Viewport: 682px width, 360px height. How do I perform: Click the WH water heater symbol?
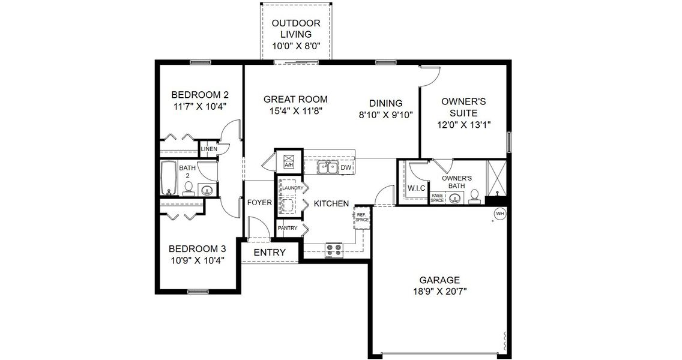(499, 213)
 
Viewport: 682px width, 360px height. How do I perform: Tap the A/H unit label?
(288, 165)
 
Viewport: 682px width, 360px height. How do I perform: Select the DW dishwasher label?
(346, 168)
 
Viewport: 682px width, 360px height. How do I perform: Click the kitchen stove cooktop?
(333, 250)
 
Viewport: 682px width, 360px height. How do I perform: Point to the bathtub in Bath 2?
(169, 178)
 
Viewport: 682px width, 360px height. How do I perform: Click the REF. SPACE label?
(361, 217)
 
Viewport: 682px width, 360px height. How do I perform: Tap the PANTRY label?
(288, 229)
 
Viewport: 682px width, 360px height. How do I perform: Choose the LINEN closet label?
(208, 149)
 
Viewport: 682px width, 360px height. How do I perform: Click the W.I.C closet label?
(416, 188)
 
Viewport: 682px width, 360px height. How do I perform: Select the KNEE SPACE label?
(437, 198)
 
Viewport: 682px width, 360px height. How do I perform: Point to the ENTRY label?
(270, 253)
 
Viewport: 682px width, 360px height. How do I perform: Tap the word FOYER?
(259, 203)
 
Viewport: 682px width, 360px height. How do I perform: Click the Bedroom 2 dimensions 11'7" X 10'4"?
(199, 106)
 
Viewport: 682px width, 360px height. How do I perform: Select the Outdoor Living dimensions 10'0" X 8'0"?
(295, 45)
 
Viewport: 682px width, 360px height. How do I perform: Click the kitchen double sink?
(328, 167)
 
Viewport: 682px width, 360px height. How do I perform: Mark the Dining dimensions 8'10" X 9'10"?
(385, 115)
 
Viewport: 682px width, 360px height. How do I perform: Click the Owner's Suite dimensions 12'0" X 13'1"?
(464, 125)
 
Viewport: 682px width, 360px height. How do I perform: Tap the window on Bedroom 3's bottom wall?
(197, 292)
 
